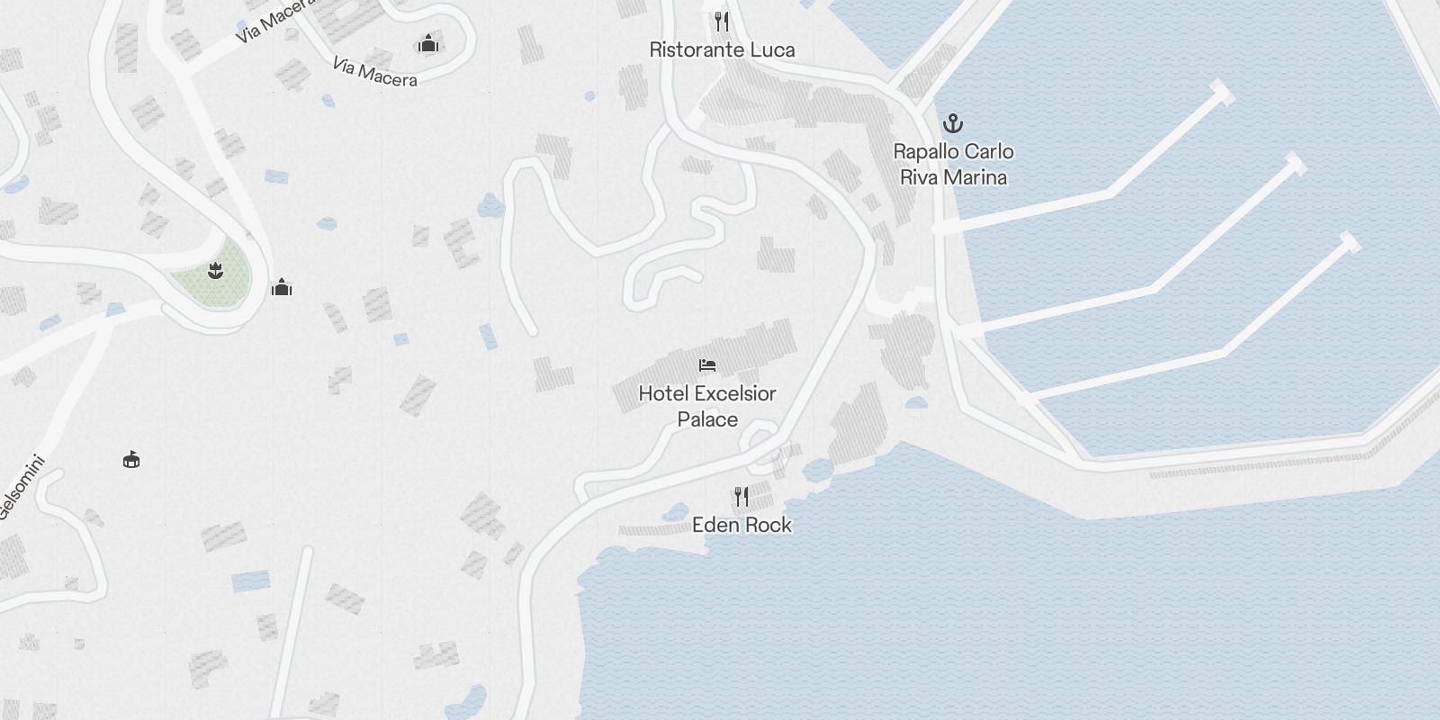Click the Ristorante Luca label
click(722, 50)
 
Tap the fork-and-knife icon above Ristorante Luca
click(721, 21)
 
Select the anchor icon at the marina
click(952, 123)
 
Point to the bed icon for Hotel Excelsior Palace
click(707, 365)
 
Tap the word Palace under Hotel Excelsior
click(707, 419)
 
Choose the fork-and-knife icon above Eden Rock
click(741, 496)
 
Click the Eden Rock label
click(742, 525)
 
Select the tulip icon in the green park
click(215, 269)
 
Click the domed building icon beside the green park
click(282, 288)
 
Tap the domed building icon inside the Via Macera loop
click(427, 43)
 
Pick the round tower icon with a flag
click(131, 460)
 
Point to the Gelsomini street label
click(20, 493)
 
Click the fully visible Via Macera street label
click(374, 72)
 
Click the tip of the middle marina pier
click(1296, 164)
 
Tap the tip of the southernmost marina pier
click(1349, 241)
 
